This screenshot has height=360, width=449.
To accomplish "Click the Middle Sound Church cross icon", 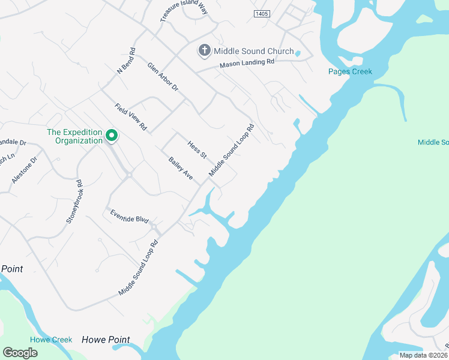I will tap(204, 51).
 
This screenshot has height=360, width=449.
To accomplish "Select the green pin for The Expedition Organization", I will tap(111, 136).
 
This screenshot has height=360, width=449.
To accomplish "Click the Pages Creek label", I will tap(350, 71).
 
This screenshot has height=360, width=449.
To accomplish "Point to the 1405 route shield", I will tap(262, 13).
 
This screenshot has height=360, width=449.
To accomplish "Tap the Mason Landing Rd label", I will tap(247, 62).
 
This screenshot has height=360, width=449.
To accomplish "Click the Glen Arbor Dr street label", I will tap(163, 76).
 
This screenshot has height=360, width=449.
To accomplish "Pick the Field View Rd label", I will tap(131, 117).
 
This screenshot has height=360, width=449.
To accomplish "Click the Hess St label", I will tap(197, 149).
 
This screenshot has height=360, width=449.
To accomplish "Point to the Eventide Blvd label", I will tap(128, 216).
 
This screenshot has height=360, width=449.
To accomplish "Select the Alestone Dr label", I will tap(24, 170).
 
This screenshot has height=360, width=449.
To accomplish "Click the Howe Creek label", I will tap(51, 340).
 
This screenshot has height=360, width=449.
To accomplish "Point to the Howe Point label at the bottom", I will tap(106, 340).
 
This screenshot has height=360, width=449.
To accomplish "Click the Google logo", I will tap(20, 352).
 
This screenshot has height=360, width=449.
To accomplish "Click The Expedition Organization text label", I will tap(75, 136).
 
